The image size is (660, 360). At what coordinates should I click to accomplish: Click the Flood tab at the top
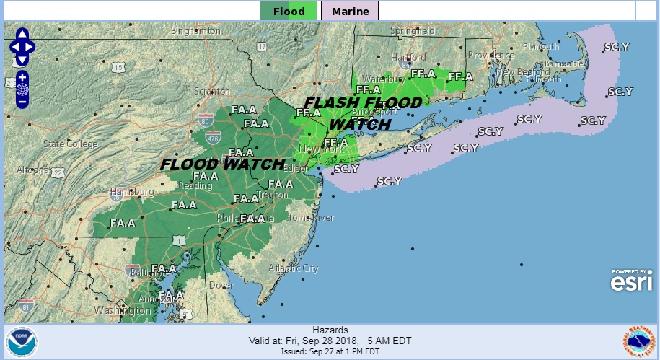click(289, 11)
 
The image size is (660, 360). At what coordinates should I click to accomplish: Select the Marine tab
click(350, 11)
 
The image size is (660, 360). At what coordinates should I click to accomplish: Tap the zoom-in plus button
click(22, 76)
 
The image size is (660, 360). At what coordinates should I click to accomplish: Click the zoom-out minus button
click(22, 101)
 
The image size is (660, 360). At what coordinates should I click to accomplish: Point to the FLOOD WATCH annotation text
click(222, 164)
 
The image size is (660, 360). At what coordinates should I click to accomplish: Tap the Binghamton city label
click(196, 32)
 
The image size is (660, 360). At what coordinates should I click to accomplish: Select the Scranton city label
click(211, 92)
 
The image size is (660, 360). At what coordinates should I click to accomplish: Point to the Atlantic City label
click(293, 268)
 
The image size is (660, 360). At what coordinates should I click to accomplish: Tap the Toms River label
click(311, 218)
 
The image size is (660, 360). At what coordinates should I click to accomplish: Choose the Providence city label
click(490, 55)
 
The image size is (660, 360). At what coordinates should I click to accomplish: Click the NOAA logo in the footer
click(22, 342)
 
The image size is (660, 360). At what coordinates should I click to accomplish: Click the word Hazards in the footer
click(330, 329)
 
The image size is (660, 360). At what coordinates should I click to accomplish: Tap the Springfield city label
click(413, 32)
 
